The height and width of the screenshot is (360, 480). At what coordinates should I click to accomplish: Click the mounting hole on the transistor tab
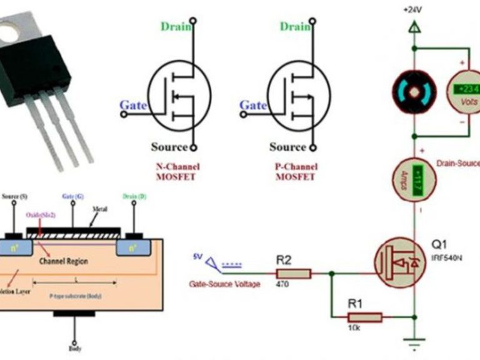[x=9, y=32]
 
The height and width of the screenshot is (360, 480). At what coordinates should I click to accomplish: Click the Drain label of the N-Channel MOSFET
[x=176, y=26]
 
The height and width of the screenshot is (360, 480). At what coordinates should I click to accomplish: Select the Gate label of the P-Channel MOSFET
[x=253, y=106]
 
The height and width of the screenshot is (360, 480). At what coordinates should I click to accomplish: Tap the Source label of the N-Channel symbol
[x=169, y=147]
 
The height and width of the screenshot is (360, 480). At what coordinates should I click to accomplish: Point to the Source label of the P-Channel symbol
[x=287, y=147]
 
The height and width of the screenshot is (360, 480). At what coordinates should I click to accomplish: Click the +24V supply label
[x=413, y=11]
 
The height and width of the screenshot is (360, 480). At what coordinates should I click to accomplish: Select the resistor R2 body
[x=293, y=272]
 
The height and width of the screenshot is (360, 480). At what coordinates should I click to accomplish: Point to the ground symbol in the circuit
[x=413, y=343]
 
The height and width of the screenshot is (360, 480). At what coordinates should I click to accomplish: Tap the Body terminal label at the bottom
[x=74, y=351]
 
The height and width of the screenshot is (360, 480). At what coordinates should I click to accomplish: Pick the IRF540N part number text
[x=446, y=257]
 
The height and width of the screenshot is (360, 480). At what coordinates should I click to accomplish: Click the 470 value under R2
[x=282, y=284]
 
